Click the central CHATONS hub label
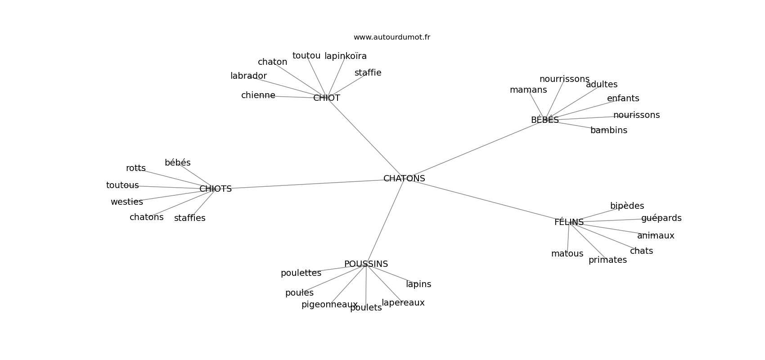[x=404, y=179]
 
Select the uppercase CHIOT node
[x=327, y=98]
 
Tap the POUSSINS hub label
[x=366, y=264]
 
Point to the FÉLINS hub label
[x=569, y=222]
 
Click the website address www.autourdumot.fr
[x=391, y=37]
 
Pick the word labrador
[x=248, y=76]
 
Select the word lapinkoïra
[x=346, y=56]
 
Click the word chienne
[x=258, y=95]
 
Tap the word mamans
[x=528, y=90]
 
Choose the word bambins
[x=608, y=130]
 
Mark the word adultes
[x=602, y=85]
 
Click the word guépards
[x=661, y=218]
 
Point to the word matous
[x=567, y=254]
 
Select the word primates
[x=607, y=260]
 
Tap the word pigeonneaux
[x=329, y=305]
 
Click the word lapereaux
[x=403, y=303]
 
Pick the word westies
[x=126, y=202]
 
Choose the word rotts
[x=135, y=168]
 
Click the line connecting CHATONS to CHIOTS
[x=306, y=184]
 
